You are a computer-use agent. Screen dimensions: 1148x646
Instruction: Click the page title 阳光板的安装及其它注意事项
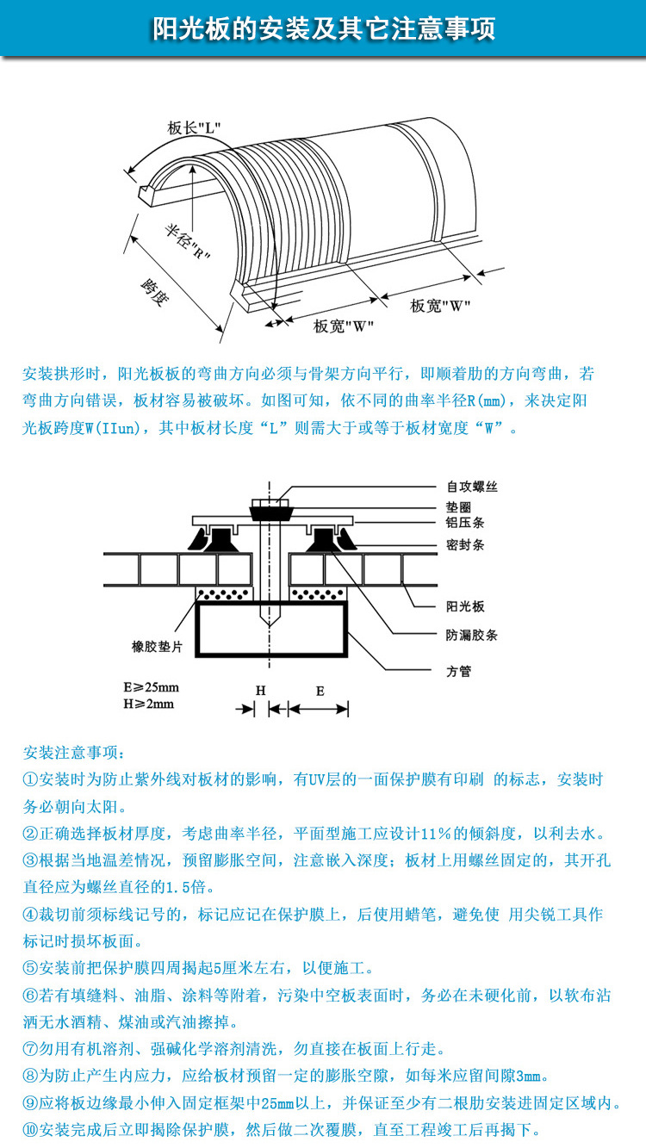tap(323, 29)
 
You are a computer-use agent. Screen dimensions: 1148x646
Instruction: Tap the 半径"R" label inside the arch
tap(188, 243)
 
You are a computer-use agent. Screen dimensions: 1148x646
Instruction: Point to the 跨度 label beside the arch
tap(155, 294)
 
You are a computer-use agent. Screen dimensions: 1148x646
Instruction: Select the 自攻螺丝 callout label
tap(471, 487)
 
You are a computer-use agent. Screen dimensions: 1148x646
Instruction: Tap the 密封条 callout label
tap(464, 544)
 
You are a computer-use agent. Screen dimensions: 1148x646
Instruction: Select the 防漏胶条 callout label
tap(471, 636)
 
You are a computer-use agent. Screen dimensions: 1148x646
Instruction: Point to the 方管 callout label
tap(458, 671)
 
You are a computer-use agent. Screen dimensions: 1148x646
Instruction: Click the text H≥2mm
tap(149, 704)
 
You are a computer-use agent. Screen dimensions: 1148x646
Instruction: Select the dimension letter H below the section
tap(261, 691)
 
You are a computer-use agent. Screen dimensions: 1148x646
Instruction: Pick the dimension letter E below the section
tap(320, 691)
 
